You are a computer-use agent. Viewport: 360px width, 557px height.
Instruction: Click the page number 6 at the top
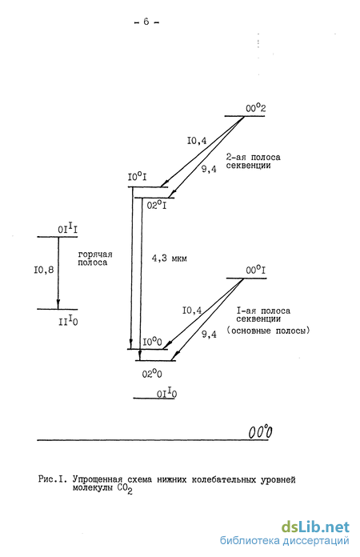pos(146,22)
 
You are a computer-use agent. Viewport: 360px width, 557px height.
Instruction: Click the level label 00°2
pos(256,108)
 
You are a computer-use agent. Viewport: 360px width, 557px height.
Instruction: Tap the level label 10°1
pos(137,177)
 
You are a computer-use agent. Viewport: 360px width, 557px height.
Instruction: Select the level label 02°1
pos(157,205)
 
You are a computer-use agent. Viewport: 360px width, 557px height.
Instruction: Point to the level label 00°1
pos(256,270)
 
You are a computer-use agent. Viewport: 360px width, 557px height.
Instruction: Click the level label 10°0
pos(153,342)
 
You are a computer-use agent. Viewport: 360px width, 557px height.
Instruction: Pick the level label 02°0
pos(152,374)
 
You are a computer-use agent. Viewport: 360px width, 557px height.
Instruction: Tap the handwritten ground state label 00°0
pos(260,432)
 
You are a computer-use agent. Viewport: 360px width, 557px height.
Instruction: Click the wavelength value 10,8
pos(44,270)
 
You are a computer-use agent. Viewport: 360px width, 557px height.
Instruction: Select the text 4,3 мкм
pos(170,258)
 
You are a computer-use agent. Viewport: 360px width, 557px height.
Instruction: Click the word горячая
pos(95,254)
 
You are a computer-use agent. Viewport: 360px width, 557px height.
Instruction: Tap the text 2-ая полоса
pos(253,157)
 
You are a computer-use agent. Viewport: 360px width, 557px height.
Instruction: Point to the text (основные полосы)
pos(269,331)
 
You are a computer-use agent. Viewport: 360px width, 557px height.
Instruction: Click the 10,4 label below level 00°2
pos(197,141)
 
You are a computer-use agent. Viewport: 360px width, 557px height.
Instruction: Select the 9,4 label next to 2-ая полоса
pos(209,169)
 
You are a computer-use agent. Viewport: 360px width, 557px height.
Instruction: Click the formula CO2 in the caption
pos(124,489)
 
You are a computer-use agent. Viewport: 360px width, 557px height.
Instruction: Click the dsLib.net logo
pos(316,527)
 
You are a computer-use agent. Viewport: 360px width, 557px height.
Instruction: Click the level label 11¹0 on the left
pos(68,322)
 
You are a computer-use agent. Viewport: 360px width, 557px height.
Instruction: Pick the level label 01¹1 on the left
pos(68,229)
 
